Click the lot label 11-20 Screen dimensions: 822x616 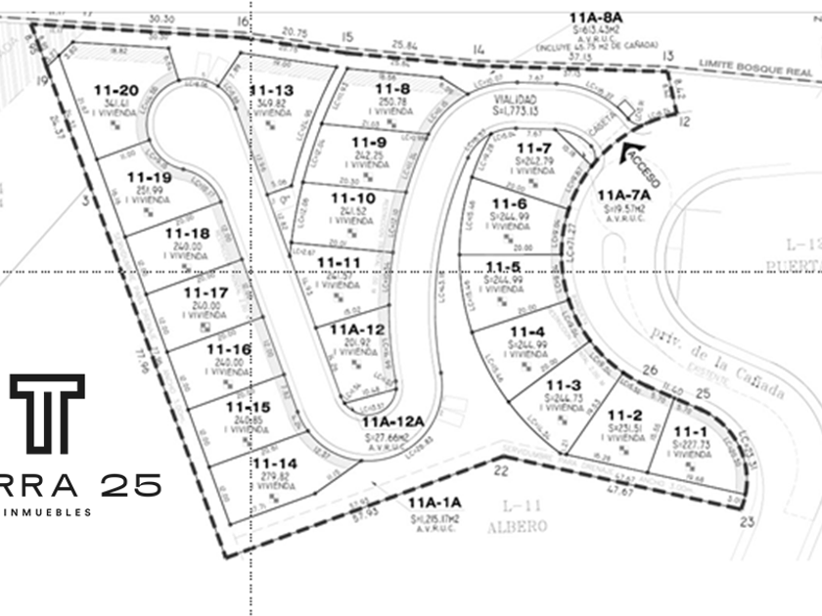pyautogui.click(x=116, y=90)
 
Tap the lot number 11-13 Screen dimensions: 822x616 pyautogui.click(x=273, y=90)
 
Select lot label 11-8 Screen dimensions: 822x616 pyautogui.click(x=390, y=89)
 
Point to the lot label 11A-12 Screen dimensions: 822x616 pyautogui.click(x=349, y=330)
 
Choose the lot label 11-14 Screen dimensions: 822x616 pyautogui.click(x=274, y=463)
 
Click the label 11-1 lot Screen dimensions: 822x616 pyautogui.click(x=689, y=431)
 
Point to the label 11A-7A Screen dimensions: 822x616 pyautogui.click(x=623, y=195)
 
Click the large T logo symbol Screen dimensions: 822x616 pyautogui.click(x=47, y=413)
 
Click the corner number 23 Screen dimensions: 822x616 pyautogui.click(x=748, y=521)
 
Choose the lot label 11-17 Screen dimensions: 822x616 pyautogui.click(x=205, y=292)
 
